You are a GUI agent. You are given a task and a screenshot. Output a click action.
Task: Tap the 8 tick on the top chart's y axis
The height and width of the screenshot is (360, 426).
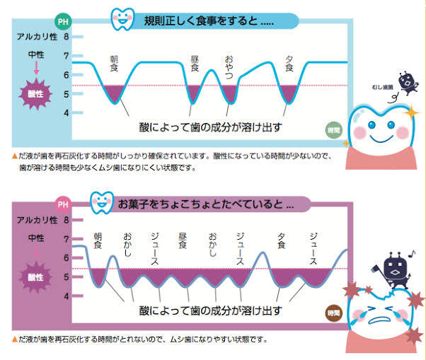(67, 37)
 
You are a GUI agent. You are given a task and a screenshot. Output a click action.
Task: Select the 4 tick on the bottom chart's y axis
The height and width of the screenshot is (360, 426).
(67, 296)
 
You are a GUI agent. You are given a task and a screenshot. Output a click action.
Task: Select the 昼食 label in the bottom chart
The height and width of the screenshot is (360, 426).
(183, 240)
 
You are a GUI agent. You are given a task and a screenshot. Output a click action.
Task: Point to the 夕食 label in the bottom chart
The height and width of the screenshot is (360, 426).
(282, 240)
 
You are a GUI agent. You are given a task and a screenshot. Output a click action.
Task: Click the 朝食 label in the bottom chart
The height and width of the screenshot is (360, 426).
(98, 240)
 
